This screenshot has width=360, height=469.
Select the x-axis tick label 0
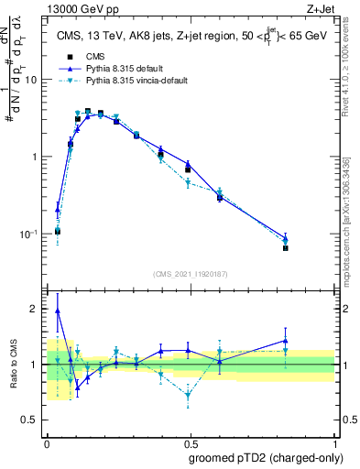point(47,441)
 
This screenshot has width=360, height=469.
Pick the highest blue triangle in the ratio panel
point(58,311)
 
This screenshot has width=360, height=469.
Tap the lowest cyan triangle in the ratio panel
point(188,396)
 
